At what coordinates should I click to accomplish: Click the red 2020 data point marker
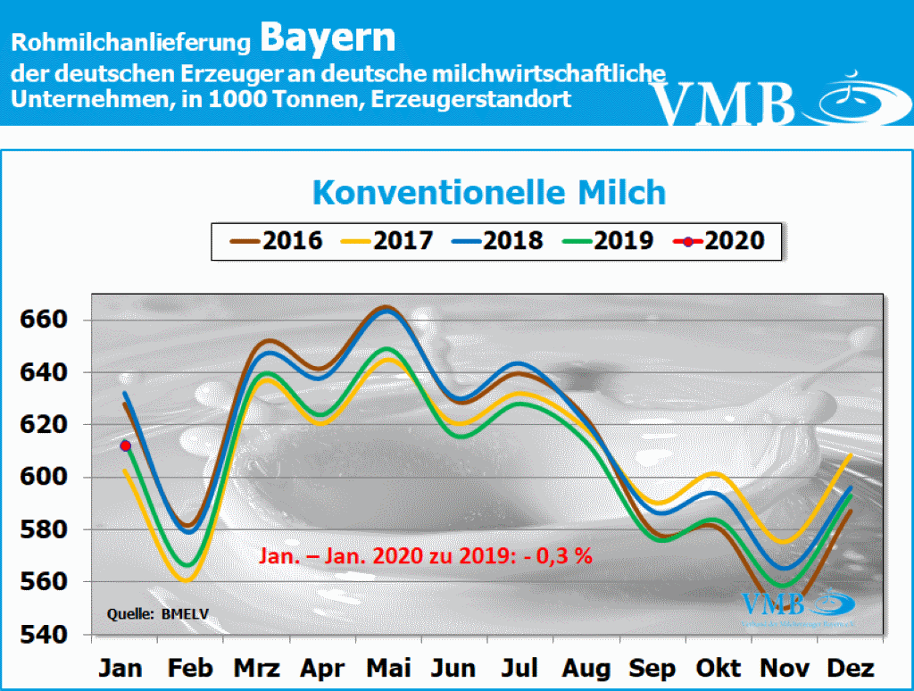click(x=125, y=445)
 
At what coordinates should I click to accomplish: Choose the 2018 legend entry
click(x=496, y=241)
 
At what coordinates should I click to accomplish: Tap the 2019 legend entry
click(x=608, y=241)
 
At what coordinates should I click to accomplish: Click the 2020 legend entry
click(x=719, y=241)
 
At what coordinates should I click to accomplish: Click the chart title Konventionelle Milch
click(x=488, y=192)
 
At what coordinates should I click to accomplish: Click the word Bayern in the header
click(x=328, y=38)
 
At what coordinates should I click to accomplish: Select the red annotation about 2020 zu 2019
click(x=427, y=555)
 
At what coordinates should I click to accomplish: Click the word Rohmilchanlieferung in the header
click(x=131, y=43)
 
